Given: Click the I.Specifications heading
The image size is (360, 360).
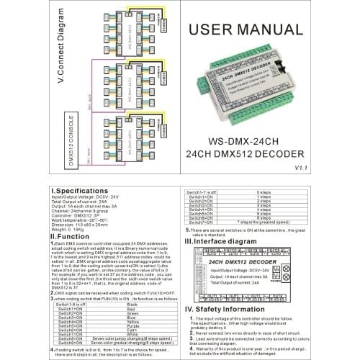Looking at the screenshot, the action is [x=78, y=193].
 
